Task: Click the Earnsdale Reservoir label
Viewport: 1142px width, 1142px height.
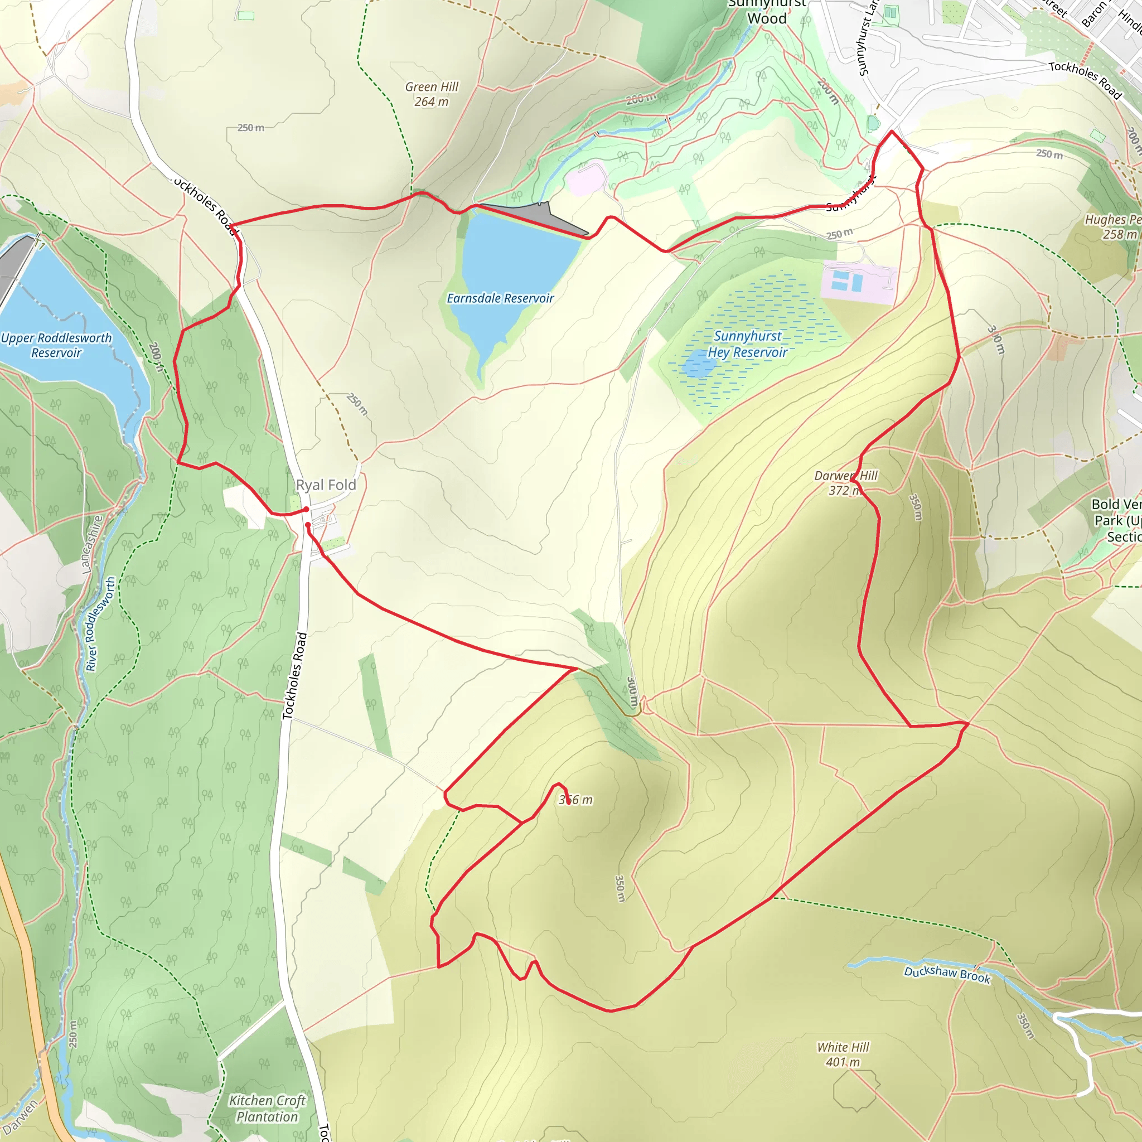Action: (500, 298)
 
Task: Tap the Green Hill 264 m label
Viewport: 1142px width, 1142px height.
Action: (432, 95)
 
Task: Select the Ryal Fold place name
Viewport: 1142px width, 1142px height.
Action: (326, 485)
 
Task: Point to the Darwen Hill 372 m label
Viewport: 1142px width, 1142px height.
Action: (845, 483)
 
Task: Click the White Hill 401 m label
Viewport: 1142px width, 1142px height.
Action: (843, 1054)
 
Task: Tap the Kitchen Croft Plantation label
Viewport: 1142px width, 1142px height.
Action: (267, 1109)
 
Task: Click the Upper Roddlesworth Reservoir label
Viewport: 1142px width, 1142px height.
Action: (56, 345)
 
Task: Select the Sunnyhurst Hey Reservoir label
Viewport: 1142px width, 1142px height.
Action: (748, 344)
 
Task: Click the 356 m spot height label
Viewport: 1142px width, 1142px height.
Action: (575, 800)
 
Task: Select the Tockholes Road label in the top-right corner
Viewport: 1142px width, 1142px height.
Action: (1085, 80)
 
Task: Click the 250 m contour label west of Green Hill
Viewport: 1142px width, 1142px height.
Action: (250, 128)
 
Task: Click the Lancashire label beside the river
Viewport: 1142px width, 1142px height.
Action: (91, 544)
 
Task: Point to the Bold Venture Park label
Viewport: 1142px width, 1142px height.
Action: (1116, 520)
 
